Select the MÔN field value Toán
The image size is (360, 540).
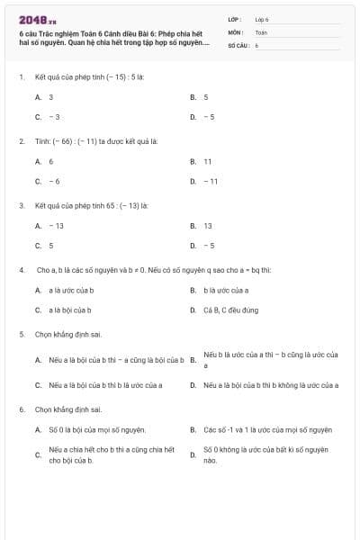coord(261,31)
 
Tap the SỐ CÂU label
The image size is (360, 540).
coord(237,44)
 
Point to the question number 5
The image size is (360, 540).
coord(21,334)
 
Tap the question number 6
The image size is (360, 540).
coord(21,409)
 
